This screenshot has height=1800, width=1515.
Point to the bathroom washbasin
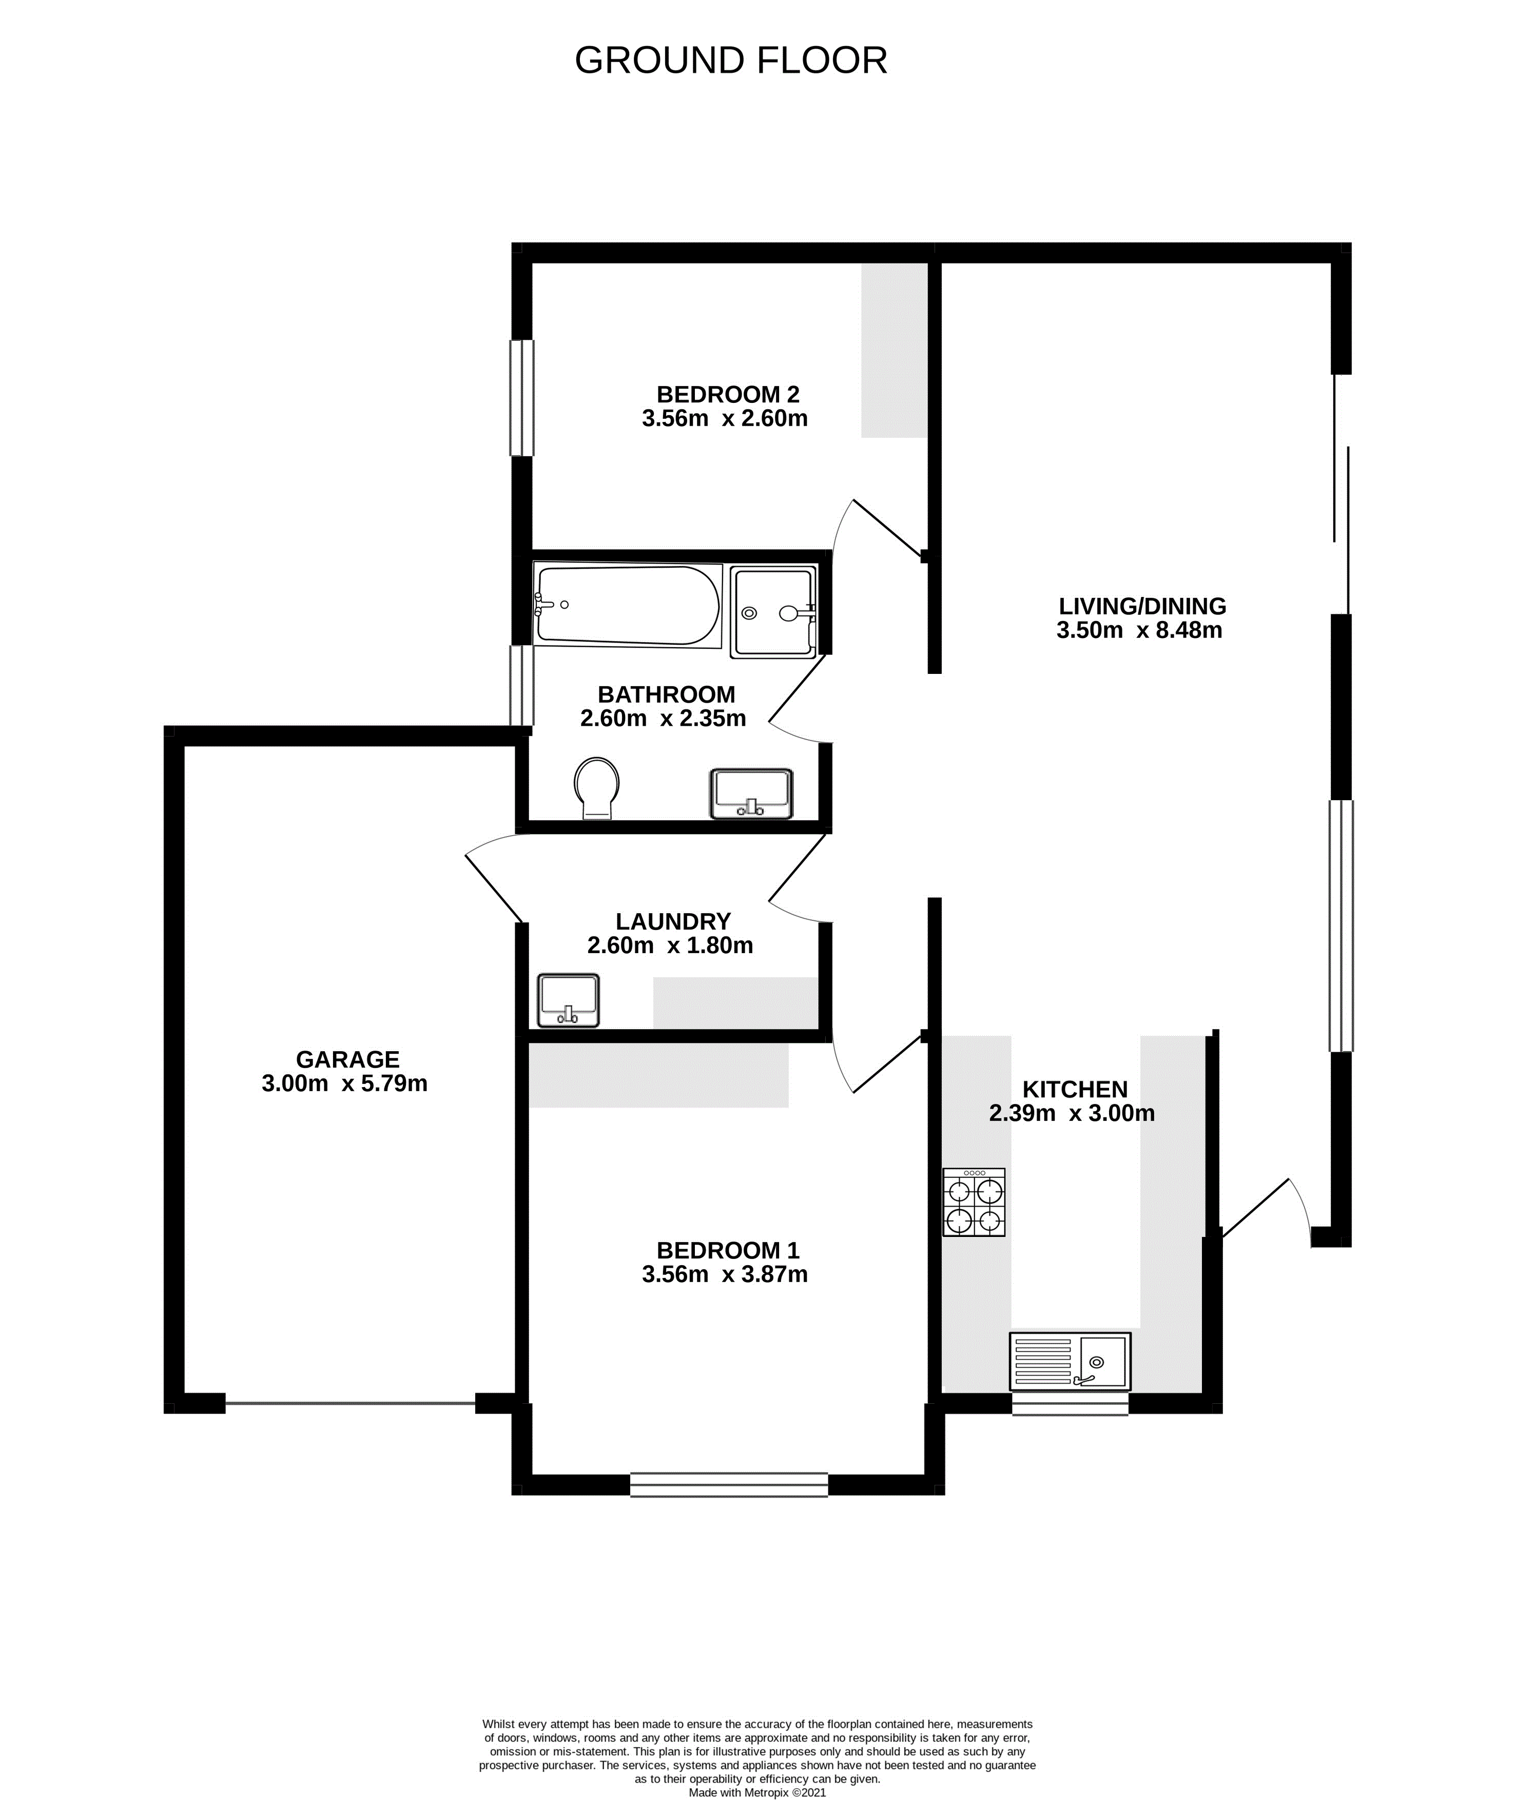pyautogui.click(x=751, y=793)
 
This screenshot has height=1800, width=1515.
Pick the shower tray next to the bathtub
pyautogui.click(x=773, y=611)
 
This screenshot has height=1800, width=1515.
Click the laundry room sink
pyautogui.click(x=568, y=1000)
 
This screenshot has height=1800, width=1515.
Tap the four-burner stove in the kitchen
pyautogui.click(x=974, y=1202)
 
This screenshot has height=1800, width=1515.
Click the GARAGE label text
pyautogui.click(x=348, y=1060)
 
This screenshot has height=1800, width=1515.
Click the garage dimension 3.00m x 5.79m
pyautogui.click(x=344, y=1084)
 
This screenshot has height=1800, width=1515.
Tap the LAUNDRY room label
pyautogui.click(x=673, y=921)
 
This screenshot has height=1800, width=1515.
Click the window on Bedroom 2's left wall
pyautogui.click(x=522, y=398)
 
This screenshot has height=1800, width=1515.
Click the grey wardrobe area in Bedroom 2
pyautogui.click(x=895, y=351)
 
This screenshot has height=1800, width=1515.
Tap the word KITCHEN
pyautogui.click(x=1075, y=1090)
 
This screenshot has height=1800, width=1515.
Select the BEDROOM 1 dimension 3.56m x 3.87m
pyautogui.click(x=725, y=1274)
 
